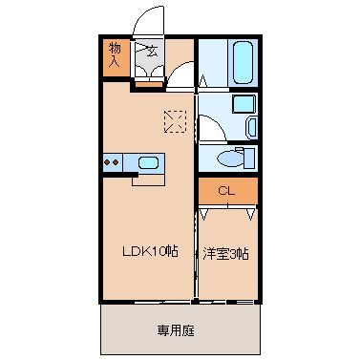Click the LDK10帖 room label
tap(150, 252)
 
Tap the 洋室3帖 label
tap(225, 255)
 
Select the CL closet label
tap(226, 191)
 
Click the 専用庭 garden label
tap(176, 330)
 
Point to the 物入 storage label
tap(115, 54)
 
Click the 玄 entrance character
tap(153, 51)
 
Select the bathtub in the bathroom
tap(243, 62)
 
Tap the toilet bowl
tap(230, 159)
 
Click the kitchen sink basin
tap(148, 163)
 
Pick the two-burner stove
tap(112, 162)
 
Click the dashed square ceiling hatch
tap(175, 121)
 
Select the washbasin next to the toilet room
tap(252, 127)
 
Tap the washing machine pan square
tap(244, 103)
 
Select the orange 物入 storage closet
tap(116, 57)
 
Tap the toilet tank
tap(250, 158)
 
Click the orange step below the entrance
tap(148, 84)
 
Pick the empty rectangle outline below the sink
tap(148, 180)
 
